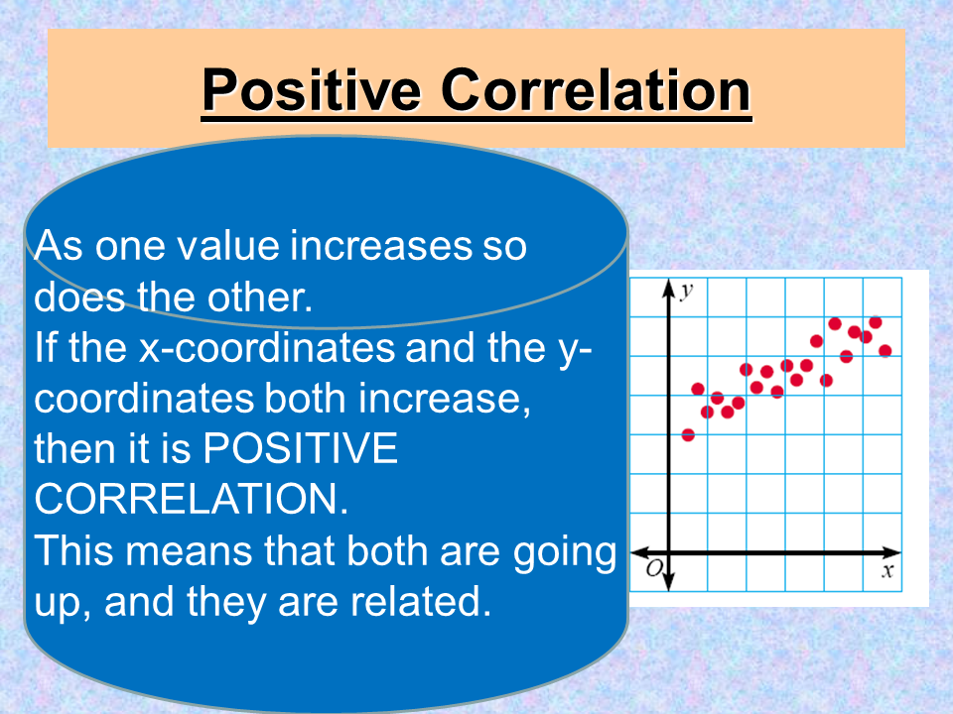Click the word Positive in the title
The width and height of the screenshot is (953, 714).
[x=312, y=90]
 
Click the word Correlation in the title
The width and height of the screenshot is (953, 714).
[x=596, y=90]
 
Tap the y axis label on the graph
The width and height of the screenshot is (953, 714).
[x=686, y=290]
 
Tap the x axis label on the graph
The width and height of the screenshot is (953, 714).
[x=886, y=570]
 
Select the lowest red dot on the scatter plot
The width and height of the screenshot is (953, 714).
[x=688, y=435]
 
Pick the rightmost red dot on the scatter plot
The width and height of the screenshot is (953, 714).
[x=885, y=350]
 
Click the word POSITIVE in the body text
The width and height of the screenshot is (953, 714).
[x=300, y=449]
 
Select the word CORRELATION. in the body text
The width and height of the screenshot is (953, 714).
[x=192, y=500]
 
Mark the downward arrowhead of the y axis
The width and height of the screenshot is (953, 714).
[x=668, y=580]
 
